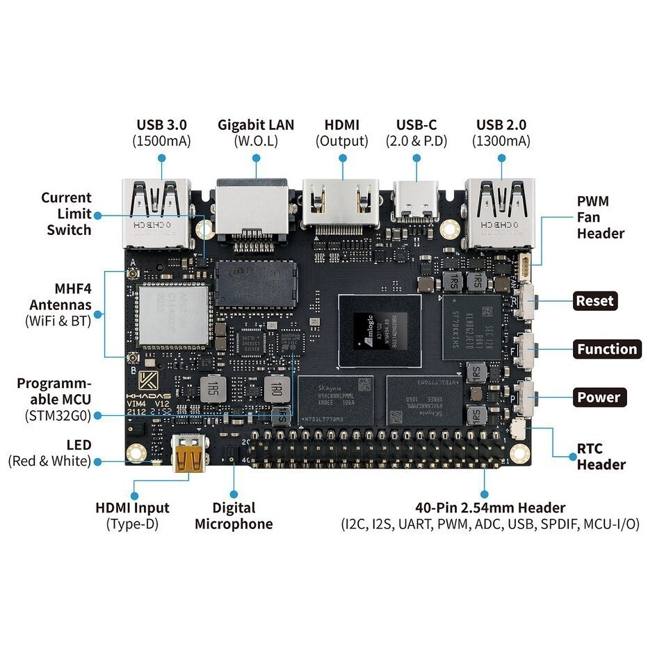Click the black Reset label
(595, 301)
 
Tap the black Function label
(607, 349)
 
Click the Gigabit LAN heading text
(256, 125)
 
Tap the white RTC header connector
(519, 429)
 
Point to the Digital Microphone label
(234, 516)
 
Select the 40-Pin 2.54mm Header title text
(489, 508)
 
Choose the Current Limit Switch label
(67, 213)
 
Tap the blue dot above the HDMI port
(343, 158)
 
